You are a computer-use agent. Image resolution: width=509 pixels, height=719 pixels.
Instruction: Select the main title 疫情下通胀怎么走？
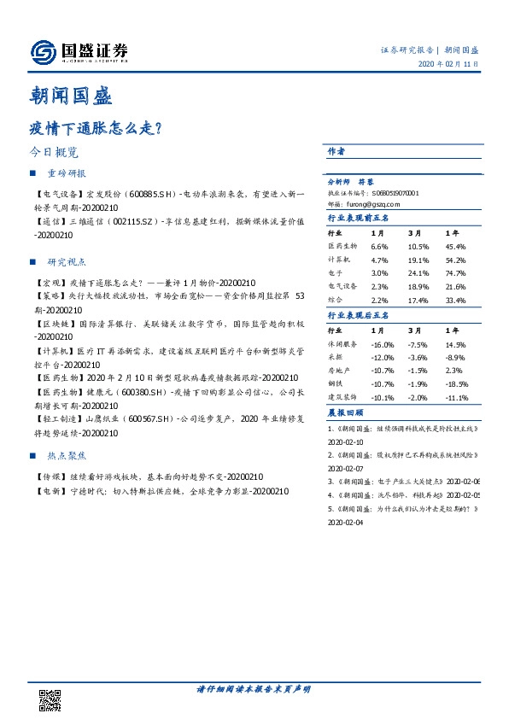[x=97, y=127]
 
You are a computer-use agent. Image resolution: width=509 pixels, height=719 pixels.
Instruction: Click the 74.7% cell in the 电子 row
[x=455, y=272]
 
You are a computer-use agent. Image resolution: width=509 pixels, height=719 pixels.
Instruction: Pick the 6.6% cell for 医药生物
[x=379, y=245]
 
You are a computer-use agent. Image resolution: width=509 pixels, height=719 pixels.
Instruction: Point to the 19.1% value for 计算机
[x=418, y=259]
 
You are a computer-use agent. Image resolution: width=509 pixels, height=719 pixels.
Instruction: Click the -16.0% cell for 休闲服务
[x=382, y=343]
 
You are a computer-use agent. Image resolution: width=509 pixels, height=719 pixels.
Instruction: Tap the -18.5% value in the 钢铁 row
[x=458, y=384]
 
